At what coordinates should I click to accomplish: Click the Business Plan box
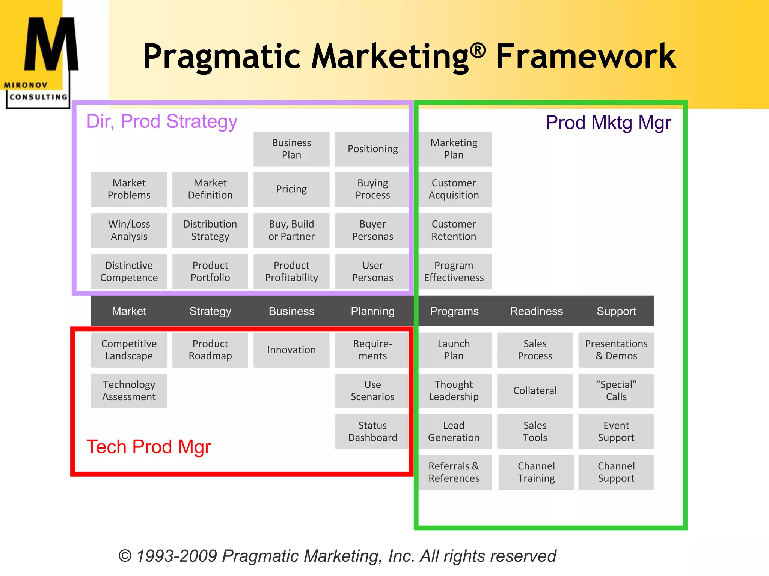pos(291,149)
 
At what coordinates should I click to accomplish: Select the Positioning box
pos(372,149)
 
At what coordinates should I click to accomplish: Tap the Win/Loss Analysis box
pos(129,230)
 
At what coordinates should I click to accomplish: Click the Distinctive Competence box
pos(129,271)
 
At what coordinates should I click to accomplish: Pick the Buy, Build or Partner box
pos(291,230)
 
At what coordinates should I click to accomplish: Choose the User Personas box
pos(372,271)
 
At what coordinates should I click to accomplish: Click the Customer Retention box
pos(454,230)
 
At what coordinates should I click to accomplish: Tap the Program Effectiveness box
pos(454,271)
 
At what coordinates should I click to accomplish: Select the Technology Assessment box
pos(129,390)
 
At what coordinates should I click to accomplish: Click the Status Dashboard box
pos(372,431)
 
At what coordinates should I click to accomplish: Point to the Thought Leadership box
pos(454,390)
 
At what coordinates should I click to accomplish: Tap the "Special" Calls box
pos(616,390)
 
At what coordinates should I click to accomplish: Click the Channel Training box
pos(536,472)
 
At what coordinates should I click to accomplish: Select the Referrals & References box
pos(454,472)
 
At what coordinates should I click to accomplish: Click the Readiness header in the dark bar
pos(536,311)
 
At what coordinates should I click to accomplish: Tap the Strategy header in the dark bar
pos(210,311)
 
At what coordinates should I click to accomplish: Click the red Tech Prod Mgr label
pos(149,447)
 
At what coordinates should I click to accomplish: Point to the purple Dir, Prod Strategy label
pos(162,121)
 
